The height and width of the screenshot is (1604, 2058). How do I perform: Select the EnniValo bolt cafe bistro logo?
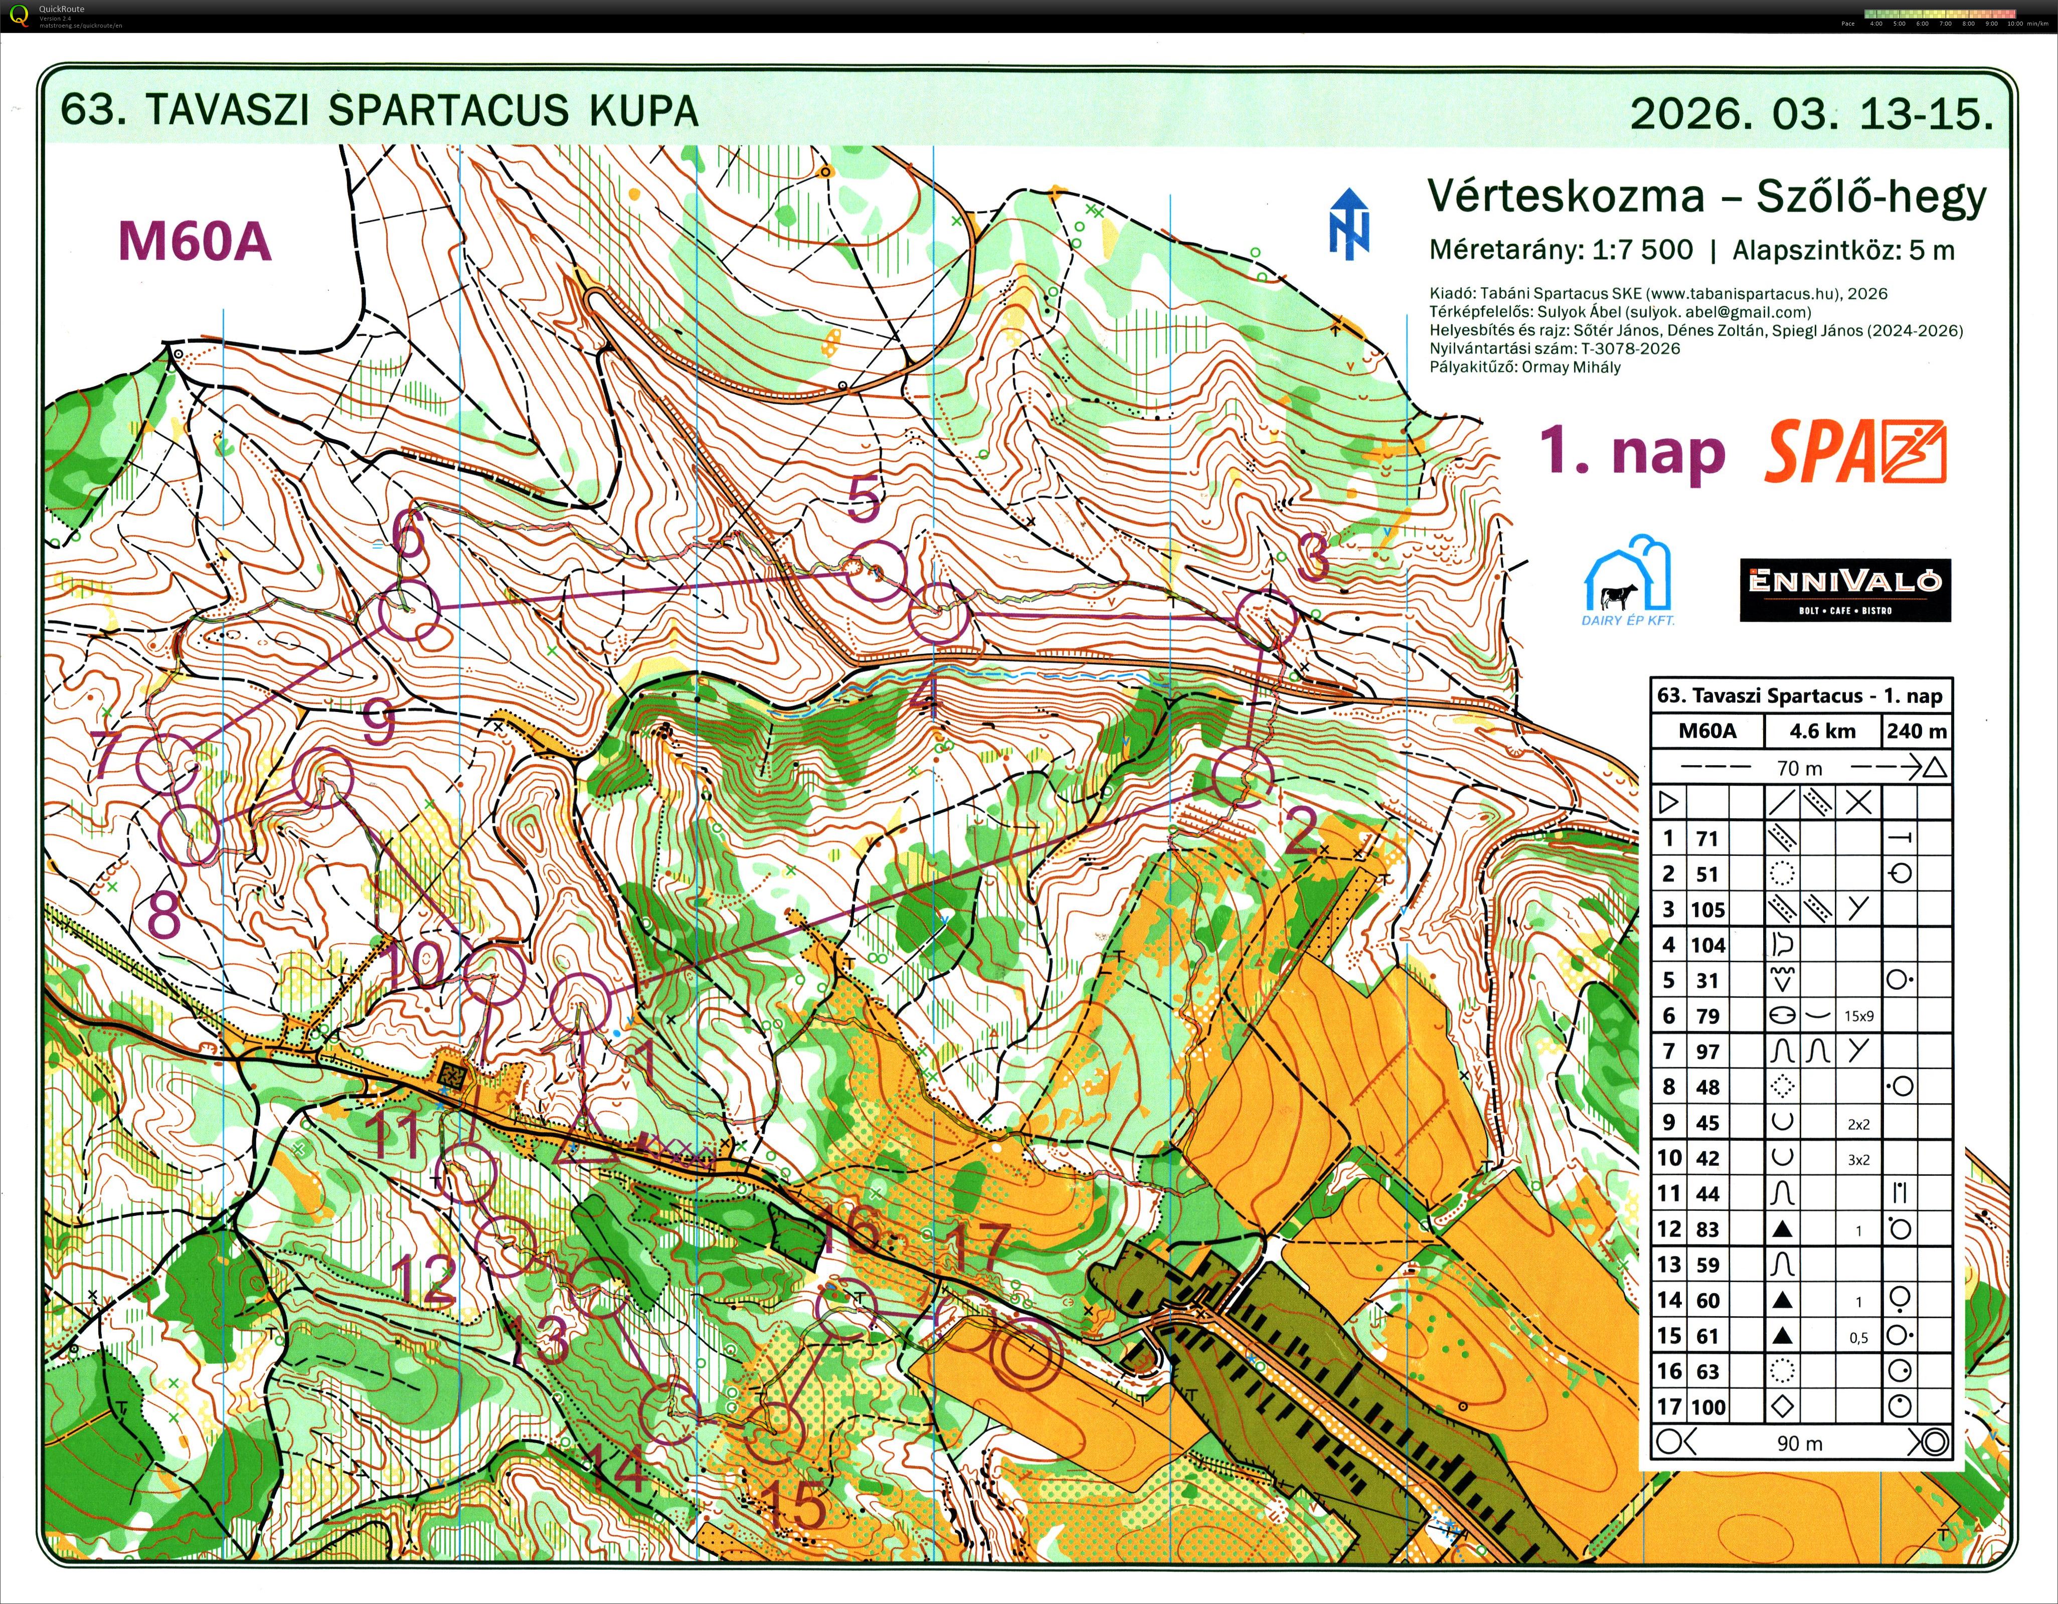click(x=1844, y=590)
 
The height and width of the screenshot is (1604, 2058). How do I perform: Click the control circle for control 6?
click(x=410, y=613)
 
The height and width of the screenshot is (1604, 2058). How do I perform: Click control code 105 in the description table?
click(x=1707, y=910)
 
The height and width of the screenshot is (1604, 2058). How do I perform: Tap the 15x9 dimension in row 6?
click(x=1858, y=1016)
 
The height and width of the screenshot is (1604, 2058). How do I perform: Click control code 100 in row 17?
click(x=1707, y=1407)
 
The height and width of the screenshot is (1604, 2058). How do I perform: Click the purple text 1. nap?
click(x=1631, y=452)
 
